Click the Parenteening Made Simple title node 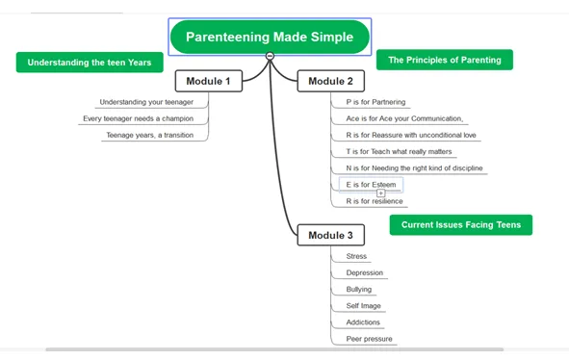270,37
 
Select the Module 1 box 209,81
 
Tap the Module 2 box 330,81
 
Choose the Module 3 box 330,235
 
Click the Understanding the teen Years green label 90,63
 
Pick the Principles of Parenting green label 445,60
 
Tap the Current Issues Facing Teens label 461,225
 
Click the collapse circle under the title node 270,56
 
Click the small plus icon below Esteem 380,193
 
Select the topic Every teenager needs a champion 139,118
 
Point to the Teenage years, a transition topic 150,135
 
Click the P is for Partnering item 375,102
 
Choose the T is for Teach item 399,152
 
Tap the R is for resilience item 375,201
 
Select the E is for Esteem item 371,185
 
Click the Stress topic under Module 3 356,256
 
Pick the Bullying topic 359,289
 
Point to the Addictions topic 363,322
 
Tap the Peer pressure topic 369,339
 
